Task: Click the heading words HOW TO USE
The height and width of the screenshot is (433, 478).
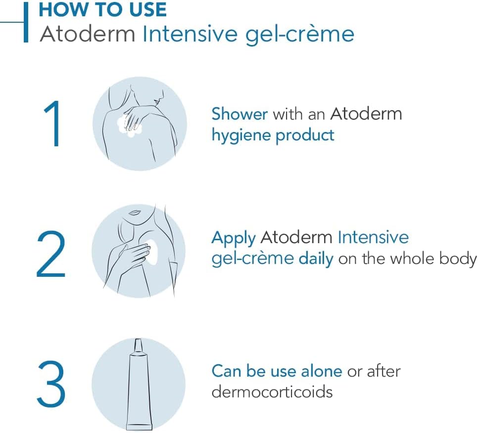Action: tap(102, 9)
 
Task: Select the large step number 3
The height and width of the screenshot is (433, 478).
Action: tap(51, 385)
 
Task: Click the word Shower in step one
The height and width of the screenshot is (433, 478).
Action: tap(239, 114)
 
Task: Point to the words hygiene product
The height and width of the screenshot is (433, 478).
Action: tap(273, 135)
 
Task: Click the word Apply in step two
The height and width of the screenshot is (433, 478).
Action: tap(233, 238)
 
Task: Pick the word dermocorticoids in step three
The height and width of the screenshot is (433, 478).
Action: tap(272, 391)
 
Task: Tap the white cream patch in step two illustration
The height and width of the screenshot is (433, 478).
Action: tap(152, 250)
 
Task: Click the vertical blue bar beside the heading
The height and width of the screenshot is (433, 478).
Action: tap(26, 22)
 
